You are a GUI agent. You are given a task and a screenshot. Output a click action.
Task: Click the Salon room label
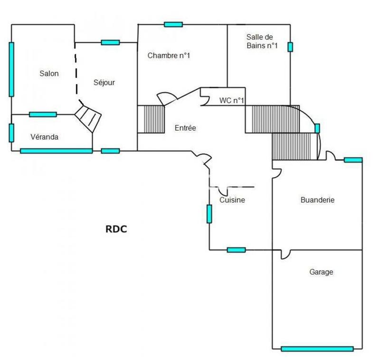pos(49,73)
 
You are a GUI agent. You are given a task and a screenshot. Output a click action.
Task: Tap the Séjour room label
pos(104,82)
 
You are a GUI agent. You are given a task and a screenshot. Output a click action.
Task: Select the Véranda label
pos(44,137)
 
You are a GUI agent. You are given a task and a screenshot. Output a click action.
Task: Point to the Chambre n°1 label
pos(169,56)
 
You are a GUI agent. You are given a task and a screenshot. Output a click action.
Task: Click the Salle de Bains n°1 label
pos(262,41)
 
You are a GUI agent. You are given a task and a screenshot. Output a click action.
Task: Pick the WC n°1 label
pos(231,100)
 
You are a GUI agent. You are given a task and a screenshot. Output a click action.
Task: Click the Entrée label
pos(185,128)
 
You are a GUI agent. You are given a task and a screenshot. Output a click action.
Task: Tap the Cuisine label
pos(232,200)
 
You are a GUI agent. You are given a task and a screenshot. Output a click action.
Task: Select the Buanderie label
pos(317,200)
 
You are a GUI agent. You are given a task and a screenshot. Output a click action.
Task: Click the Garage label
pos(321,272)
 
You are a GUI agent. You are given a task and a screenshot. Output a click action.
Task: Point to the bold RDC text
pos(116,228)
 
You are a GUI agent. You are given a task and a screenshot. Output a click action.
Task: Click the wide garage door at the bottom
pos(317,349)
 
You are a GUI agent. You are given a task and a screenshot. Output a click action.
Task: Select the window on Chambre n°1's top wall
pos(173,25)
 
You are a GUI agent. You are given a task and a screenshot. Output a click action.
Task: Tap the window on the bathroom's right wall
pos(290,47)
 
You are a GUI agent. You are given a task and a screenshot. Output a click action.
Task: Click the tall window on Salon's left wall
pos(11,69)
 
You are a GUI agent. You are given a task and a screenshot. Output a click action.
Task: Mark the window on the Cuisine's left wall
pos(209,214)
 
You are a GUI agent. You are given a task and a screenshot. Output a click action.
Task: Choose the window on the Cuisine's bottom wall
pos(236,250)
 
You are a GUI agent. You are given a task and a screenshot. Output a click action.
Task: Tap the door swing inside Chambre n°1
pos(166,99)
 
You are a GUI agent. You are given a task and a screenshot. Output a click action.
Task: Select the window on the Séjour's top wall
pos(110,42)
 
